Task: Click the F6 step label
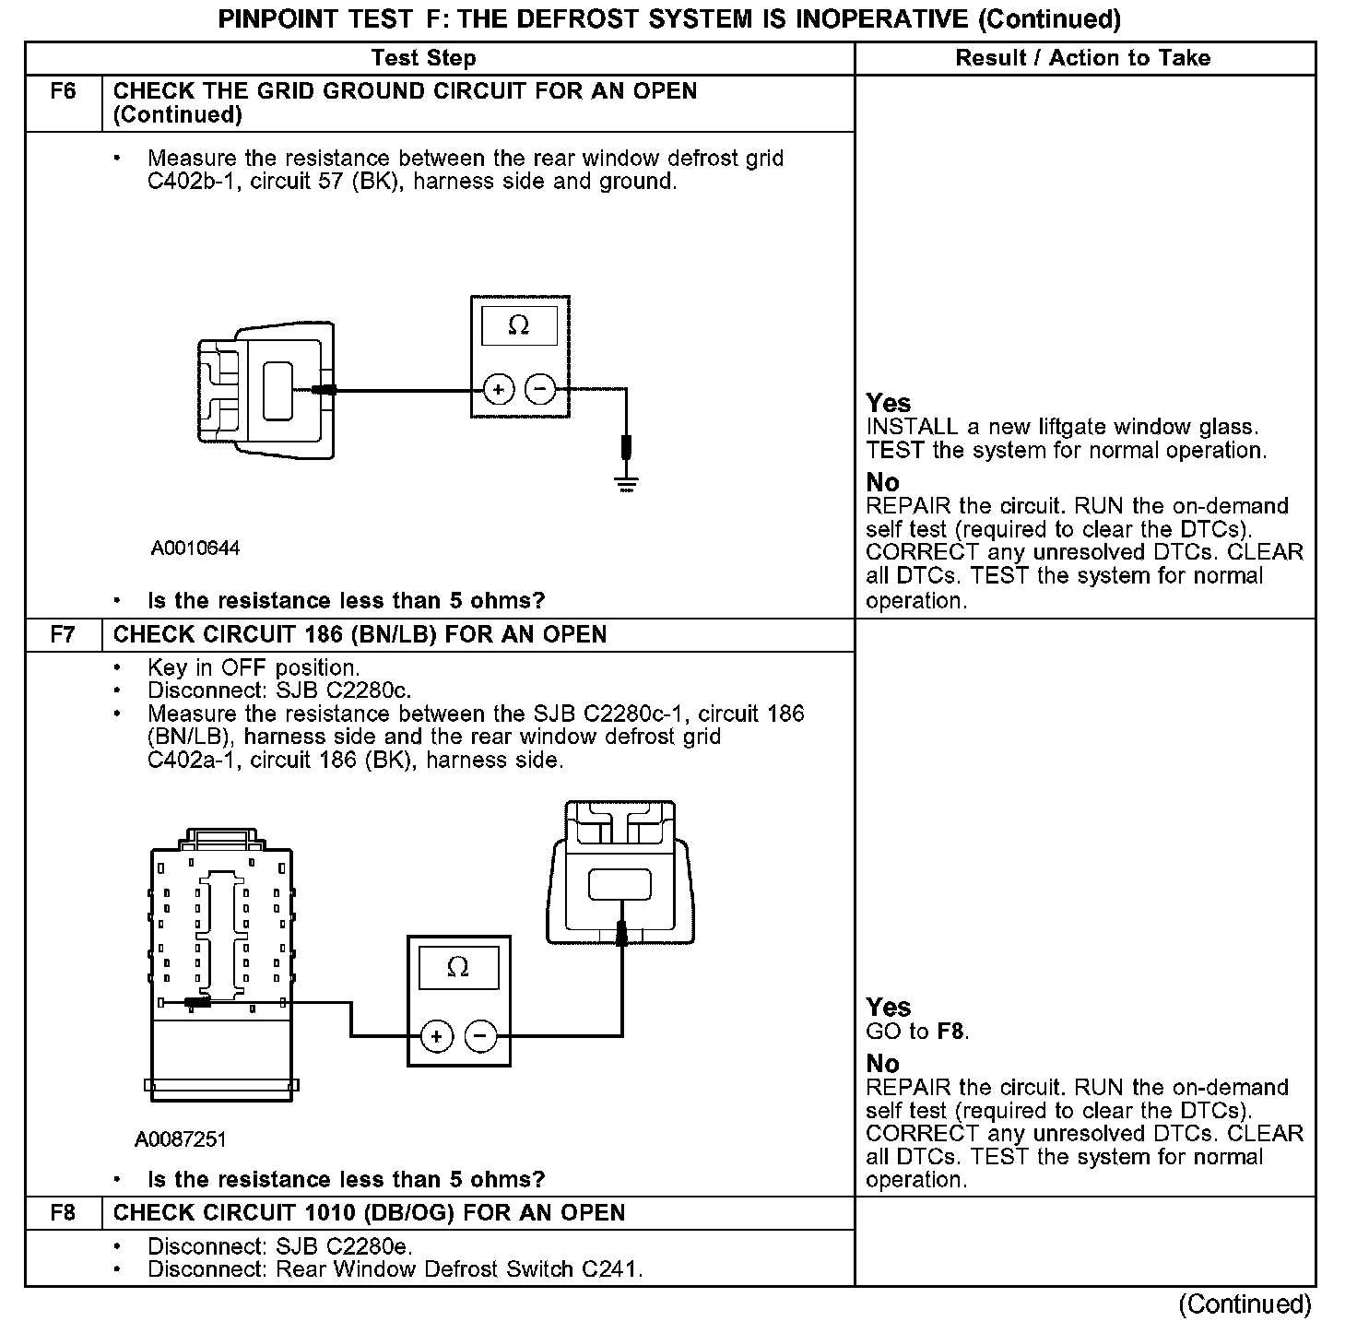(x=63, y=91)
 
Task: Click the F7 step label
(x=63, y=635)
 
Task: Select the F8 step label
(x=63, y=1212)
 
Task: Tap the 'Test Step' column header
(x=423, y=58)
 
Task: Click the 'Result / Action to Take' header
(x=1082, y=58)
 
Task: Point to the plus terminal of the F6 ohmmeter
(x=499, y=390)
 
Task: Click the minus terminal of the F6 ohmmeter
(x=540, y=390)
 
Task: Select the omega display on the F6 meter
(x=519, y=326)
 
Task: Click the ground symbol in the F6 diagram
(x=627, y=481)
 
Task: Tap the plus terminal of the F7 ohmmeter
(x=436, y=1037)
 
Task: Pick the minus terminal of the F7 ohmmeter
(x=479, y=1037)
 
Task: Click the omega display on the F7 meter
(x=458, y=968)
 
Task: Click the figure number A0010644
(x=195, y=549)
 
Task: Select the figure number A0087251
(x=181, y=1139)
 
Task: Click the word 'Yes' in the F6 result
(x=889, y=403)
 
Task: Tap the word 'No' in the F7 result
(x=882, y=1064)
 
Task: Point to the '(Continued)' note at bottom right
(x=1245, y=1304)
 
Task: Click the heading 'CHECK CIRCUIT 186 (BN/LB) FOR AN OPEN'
(x=360, y=635)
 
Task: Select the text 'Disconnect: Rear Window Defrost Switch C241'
(x=395, y=1269)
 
